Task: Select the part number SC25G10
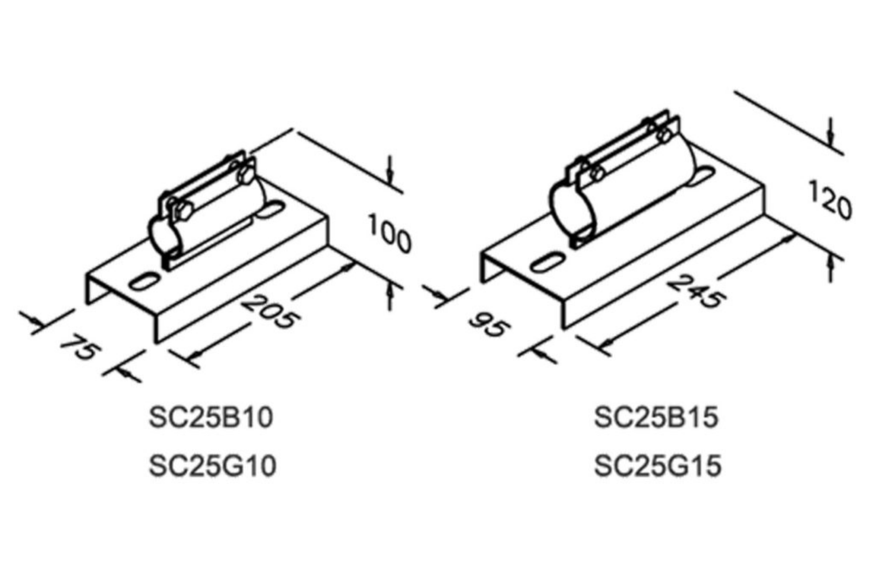tap(213, 466)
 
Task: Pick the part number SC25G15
tap(658, 466)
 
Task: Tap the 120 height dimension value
tap(830, 199)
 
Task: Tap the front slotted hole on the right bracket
tap(546, 263)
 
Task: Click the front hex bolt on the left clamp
tap(184, 211)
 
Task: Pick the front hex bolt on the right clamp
tap(598, 173)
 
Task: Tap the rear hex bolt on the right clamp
tap(663, 135)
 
